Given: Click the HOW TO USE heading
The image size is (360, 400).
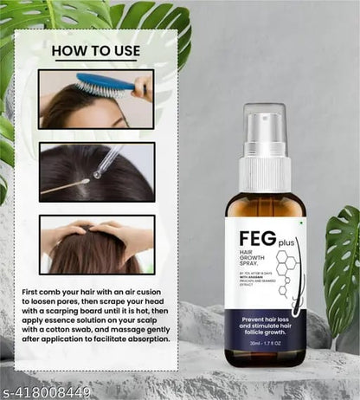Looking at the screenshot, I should [x=95, y=51].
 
